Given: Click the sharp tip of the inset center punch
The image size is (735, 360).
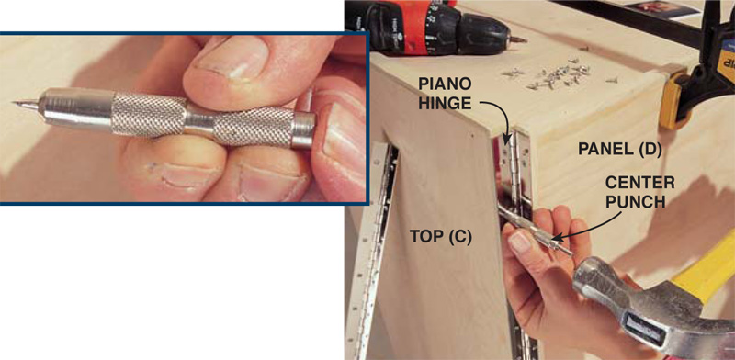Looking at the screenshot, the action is [15, 102].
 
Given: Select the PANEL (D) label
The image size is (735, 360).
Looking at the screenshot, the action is [619, 149].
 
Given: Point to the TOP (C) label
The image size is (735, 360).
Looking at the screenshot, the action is [441, 237].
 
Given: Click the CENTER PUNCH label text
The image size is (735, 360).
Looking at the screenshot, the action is [641, 192].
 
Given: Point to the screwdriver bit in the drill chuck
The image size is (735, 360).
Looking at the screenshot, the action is [518, 40].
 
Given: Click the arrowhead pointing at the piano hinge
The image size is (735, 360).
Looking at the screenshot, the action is [505, 139].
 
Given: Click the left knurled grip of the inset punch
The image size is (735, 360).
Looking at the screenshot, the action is [149, 115].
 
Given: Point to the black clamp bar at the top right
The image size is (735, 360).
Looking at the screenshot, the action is [638, 22].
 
